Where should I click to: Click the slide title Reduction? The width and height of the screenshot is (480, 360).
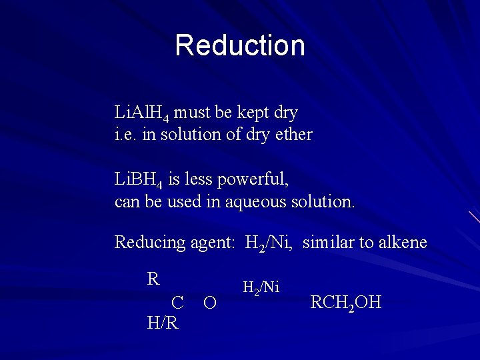pyautogui.click(x=240, y=45)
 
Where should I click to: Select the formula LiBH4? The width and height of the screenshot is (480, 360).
pyautogui.click(x=139, y=179)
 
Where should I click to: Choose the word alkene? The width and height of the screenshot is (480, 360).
pyautogui.click(x=402, y=242)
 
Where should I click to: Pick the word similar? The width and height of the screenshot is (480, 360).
pyautogui.click(x=328, y=242)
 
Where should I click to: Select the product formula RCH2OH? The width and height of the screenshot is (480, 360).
pyautogui.click(x=346, y=303)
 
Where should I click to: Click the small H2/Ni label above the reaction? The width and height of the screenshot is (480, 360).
pyautogui.click(x=261, y=288)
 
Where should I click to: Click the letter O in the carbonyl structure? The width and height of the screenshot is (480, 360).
pyautogui.click(x=209, y=303)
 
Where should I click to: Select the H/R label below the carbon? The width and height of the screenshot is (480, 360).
pyautogui.click(x=163, y=323)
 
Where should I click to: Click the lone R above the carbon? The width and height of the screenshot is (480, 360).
pyautogui.click(x=153, y=279)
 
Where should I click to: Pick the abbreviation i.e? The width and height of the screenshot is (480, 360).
pyautogui.click(x=124, y=135)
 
